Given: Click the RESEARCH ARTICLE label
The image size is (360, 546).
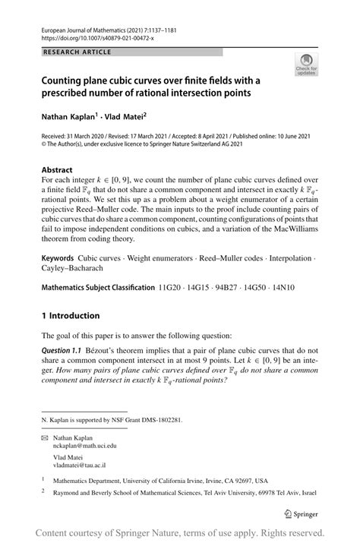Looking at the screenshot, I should click(79, 52).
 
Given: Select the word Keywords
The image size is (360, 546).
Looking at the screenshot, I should click(59, 260).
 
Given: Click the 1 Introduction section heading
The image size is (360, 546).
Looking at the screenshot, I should click(70, 316).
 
